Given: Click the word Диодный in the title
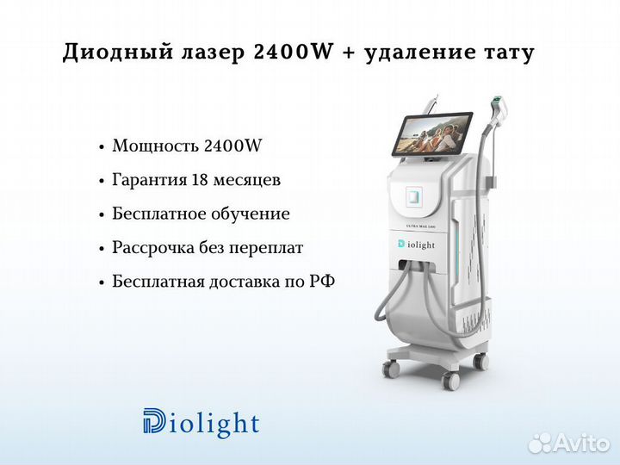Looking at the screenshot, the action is pos(118,53).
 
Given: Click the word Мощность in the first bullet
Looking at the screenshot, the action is pos(155,146).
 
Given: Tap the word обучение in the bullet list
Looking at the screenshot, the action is pos(251,214).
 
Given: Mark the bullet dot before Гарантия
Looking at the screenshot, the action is pos(102,181).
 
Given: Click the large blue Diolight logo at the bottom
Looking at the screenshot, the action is pos(201,422).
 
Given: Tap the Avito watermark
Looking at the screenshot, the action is pos(568,443).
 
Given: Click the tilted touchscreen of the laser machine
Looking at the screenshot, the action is pos(431,133).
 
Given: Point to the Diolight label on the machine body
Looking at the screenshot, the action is pos(417,245).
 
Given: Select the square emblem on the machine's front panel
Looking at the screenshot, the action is pos(414,197).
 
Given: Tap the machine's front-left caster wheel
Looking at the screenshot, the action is pos(392,369).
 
